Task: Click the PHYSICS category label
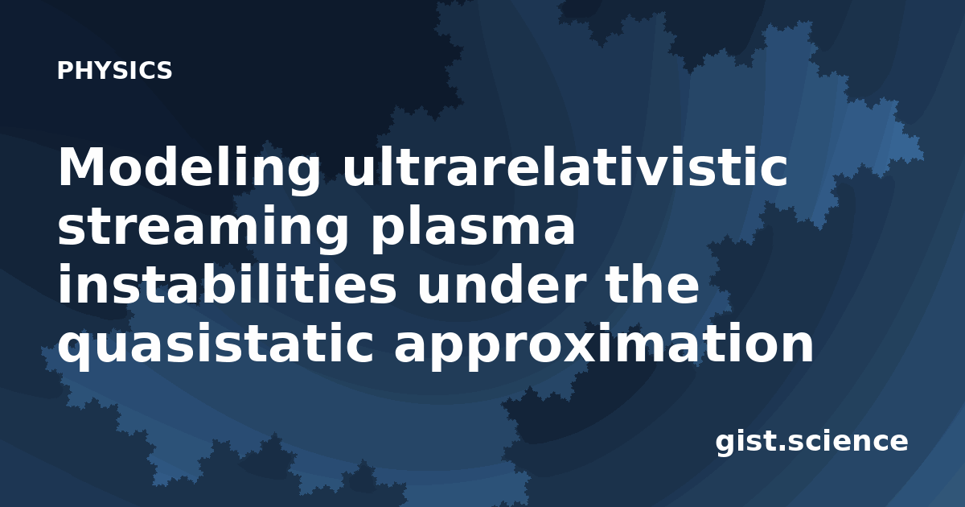[114, 70]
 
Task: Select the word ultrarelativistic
[565, 166]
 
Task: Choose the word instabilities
[227, 283]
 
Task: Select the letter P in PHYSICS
[64, 70]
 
